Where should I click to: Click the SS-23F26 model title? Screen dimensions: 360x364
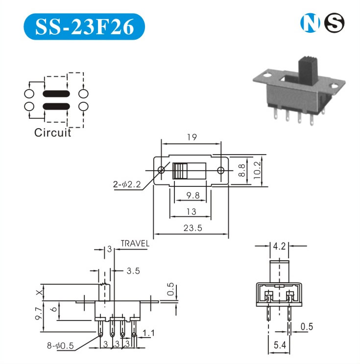85,27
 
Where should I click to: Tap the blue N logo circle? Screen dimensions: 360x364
310,23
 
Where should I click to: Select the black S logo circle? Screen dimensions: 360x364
334,23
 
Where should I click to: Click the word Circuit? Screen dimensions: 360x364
52,133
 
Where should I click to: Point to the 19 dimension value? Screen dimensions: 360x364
192,137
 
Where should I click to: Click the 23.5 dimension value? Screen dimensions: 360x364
192,228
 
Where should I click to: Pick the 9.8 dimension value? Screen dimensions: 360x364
193,196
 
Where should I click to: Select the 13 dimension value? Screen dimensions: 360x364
192,212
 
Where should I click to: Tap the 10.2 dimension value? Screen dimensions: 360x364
257,170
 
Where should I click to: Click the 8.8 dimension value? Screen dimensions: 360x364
241,170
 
